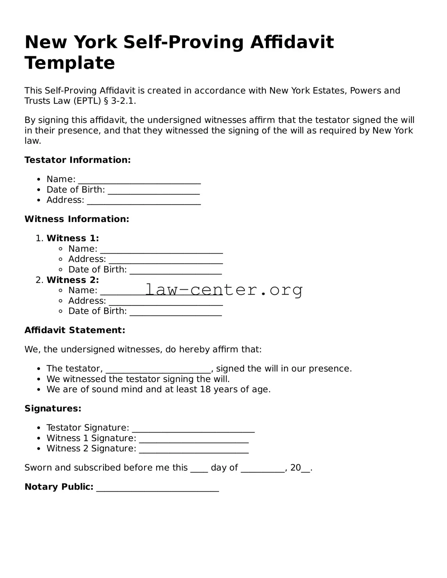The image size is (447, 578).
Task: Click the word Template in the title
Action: coord(70,63)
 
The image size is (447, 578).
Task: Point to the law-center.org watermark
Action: coord(224,290)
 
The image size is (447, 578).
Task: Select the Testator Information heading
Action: coord(77,160)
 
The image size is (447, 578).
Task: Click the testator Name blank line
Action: coord(139,181)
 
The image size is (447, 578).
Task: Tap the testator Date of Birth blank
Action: coord(154,192)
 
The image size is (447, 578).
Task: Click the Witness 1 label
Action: coord(73,238)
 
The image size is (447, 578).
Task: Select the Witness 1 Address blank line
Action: coord(166,261)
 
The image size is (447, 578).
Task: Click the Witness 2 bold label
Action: coord(73,280)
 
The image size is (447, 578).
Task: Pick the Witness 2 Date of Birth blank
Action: coord(175,313)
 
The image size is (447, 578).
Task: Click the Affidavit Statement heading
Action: coord(75,330)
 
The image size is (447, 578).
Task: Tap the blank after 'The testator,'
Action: coord(158,370)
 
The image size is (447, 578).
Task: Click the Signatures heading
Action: coord(53,409)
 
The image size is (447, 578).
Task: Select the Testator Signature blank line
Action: coord(193,430)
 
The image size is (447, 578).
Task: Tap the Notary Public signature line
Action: coord(158,489)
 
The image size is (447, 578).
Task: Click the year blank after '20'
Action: coord(306,470)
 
